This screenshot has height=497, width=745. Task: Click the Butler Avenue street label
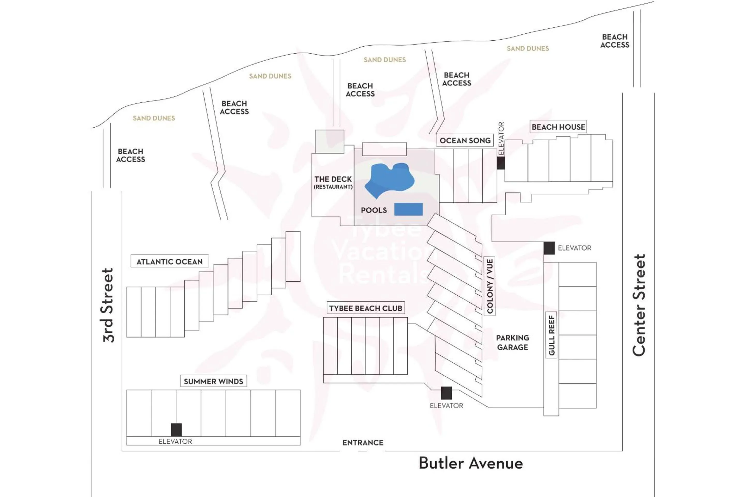tap(471, 463)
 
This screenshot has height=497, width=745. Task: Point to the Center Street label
tap(639, 305)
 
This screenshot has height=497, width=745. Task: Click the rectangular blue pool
tap(408, 209)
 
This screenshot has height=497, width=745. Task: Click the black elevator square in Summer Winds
tap(176, 430)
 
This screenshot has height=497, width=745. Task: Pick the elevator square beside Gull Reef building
tap(549, 248)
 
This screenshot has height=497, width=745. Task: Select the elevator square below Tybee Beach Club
tap(446, 393)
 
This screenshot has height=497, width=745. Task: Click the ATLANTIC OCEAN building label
tap(169, 261)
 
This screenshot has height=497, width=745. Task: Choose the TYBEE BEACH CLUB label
tap(366, 308)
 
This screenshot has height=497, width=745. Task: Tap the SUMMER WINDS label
tap(213, 381)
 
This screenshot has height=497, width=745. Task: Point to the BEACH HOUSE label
tap(558, 127)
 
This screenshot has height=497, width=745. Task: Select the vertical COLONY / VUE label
tap(490, 286)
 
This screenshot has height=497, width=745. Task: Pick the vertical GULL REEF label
tap(552, 335)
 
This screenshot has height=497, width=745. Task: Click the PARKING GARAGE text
tap(512, 342)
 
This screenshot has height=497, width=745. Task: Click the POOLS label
tap(374, 210)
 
